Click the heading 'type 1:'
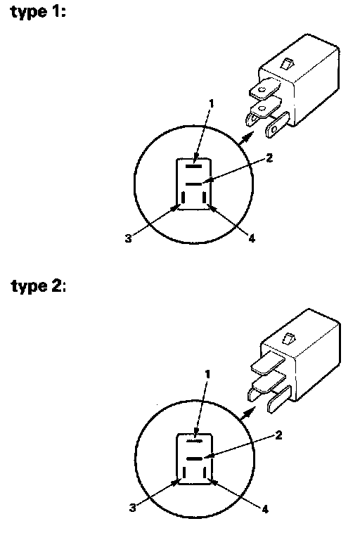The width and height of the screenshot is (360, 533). point(38,12)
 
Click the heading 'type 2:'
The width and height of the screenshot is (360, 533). point(39,285)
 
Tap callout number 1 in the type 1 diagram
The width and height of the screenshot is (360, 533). point(212,103)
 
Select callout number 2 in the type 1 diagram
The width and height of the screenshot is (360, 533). point(269,158)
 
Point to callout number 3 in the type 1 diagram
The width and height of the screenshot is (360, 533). point(128,238)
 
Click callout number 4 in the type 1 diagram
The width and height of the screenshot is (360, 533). point(252,238)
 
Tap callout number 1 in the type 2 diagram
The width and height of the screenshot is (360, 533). point(208,375)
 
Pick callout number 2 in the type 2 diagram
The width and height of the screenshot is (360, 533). point(278,435)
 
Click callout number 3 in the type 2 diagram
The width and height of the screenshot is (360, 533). point(133,508)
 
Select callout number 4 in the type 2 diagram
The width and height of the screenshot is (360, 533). point(265,509)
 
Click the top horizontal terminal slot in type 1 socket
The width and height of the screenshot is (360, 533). point(193,167)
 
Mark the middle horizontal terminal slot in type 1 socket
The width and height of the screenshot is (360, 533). point(193,184)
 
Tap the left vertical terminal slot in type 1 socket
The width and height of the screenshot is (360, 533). point(183,198)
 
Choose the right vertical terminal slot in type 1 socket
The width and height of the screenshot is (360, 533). point(204,198)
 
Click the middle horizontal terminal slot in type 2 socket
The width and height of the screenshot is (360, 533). point(195,458)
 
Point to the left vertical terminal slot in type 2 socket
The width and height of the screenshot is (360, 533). point(184,473)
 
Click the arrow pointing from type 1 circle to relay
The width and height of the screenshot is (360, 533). point(247,138)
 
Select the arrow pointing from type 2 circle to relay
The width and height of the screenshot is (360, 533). point(248,413)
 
